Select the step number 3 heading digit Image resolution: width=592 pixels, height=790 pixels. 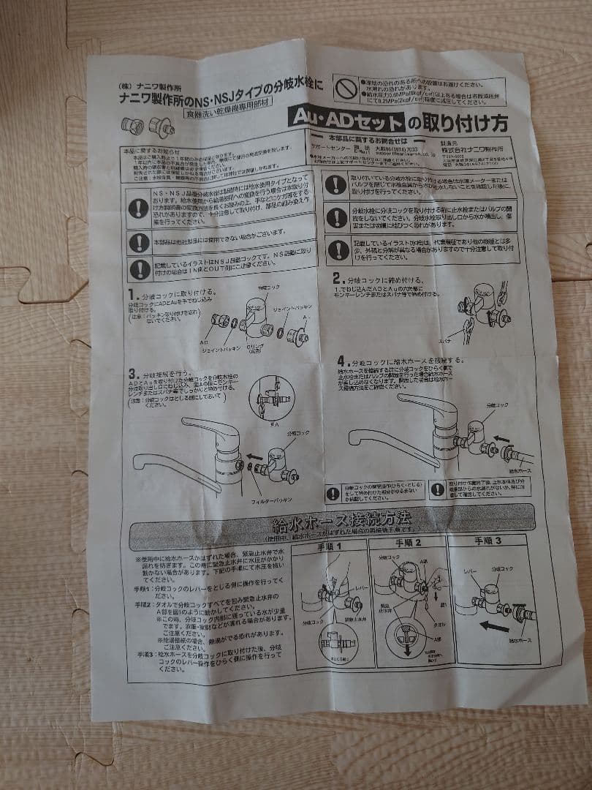click(134, 372)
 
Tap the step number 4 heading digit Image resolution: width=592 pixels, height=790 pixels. click(342, 361)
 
